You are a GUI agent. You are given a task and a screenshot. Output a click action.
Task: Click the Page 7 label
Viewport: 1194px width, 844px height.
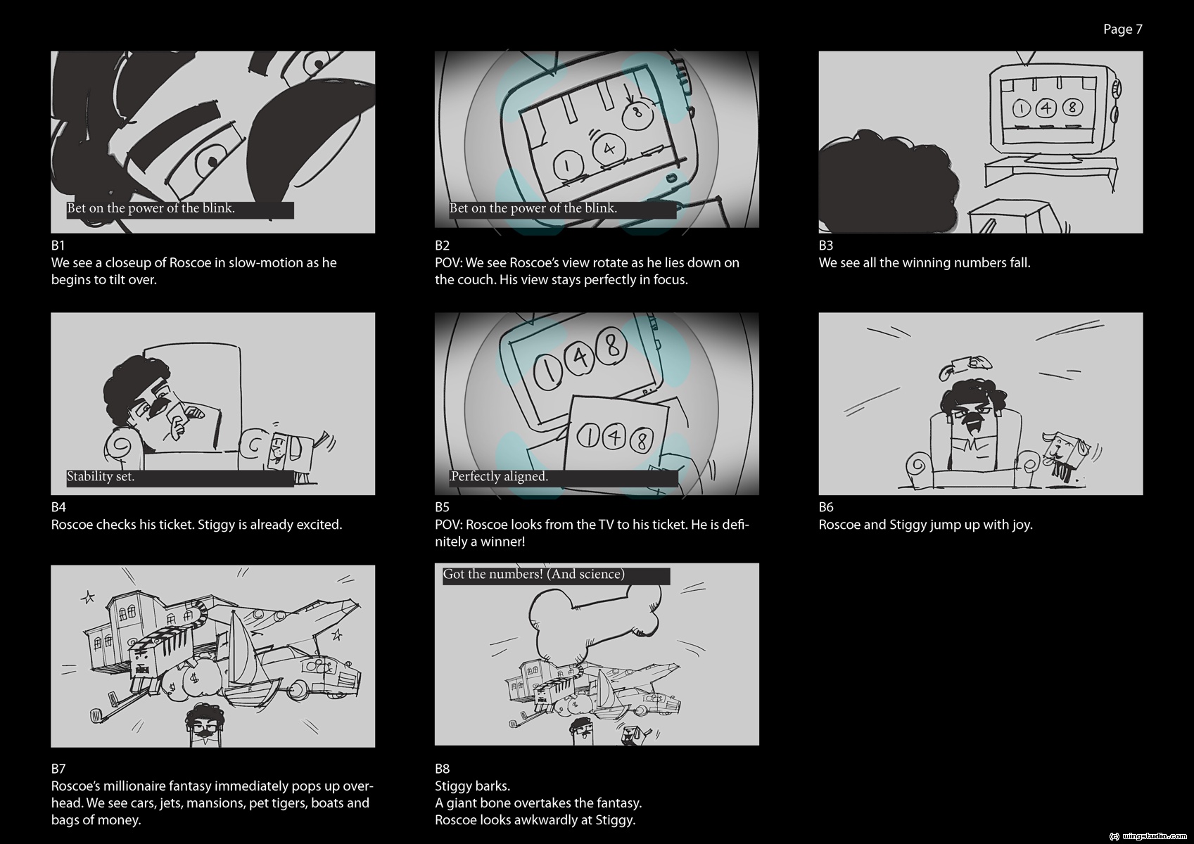coord(1122,30)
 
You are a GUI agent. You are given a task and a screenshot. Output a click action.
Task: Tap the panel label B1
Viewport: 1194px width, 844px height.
coord(58,245)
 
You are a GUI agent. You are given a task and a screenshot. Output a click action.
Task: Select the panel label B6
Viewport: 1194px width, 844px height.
coord(826,507)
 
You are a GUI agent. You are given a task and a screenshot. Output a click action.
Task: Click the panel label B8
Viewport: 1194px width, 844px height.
coord(442,769)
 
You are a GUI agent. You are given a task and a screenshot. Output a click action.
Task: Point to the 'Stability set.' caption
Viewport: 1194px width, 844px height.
coord(100,476)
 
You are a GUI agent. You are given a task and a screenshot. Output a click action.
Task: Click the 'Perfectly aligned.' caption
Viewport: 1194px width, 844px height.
coord(498,476)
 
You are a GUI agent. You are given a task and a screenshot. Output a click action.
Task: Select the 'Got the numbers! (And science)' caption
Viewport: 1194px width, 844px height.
coord(533,575)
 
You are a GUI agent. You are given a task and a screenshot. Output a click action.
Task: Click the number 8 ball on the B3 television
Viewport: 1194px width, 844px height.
coord(1072,108)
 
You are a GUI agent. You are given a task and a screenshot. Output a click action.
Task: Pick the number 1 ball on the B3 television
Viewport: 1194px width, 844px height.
coord(1022,109)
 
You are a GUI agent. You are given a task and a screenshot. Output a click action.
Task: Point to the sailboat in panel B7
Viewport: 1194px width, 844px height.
coord(248,666)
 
